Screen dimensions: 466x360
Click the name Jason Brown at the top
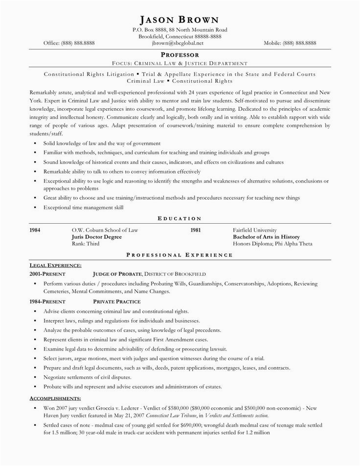[180, 20]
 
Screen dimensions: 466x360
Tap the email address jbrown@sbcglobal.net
[180, 43]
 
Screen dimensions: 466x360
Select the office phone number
[69, 43]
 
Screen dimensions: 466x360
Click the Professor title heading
[180, 55]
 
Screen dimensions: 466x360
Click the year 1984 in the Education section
[35, 230]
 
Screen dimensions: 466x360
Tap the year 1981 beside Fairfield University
[196, 230]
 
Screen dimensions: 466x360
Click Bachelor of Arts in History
[266, 236]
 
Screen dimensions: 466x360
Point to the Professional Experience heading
[180, 255]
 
